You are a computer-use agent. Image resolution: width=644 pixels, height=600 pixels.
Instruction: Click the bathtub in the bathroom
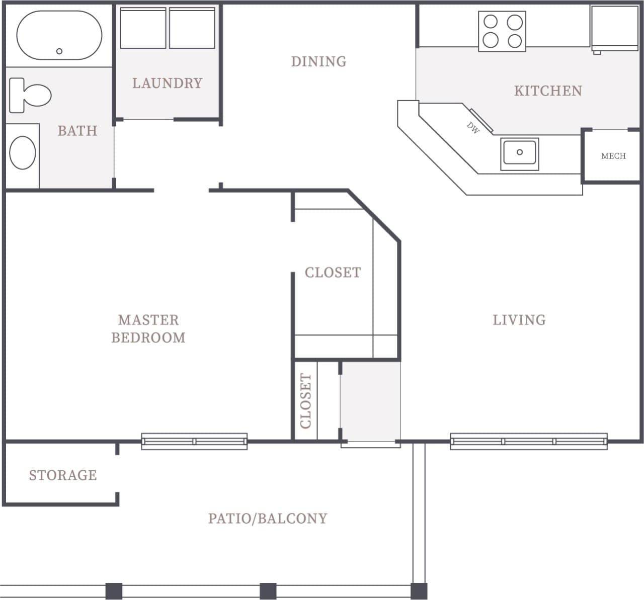coord(59,35)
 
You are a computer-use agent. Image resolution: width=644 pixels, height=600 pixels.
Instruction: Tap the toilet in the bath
coord(30,95)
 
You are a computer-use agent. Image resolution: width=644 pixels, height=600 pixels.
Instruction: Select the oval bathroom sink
coord(23,153)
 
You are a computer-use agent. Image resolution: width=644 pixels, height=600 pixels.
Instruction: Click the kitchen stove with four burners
coord(502,31)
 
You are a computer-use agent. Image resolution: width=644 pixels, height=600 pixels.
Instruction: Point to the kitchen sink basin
coord(520,153)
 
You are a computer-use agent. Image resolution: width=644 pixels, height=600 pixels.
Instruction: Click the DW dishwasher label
coord(473,128)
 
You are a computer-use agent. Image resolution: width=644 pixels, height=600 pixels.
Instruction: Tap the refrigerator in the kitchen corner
coord(614,28)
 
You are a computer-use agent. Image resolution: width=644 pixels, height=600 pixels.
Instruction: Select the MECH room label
coord(613,156)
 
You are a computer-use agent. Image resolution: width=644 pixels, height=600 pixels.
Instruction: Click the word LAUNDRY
coord(167,83)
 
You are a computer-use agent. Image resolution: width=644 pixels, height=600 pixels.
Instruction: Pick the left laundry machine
coord(143,28)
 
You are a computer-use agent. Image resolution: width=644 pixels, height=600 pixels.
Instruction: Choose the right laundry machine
coord(192,28)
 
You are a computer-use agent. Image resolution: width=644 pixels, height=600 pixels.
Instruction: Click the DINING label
coord(318,61)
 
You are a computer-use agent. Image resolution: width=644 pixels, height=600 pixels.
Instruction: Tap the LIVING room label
coord(519,320)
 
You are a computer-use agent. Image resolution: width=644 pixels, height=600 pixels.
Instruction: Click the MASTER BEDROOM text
coord(148,328)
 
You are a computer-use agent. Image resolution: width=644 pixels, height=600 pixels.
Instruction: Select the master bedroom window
coord(194,441)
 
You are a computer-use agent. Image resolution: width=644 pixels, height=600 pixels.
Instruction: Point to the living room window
coord(528,441)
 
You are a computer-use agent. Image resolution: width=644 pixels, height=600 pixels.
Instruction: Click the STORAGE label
coord(63,475)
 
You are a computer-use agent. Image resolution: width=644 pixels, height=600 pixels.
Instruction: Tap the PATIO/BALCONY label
coord(268,518)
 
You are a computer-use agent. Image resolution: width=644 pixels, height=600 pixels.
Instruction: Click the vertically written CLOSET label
coord(305,401)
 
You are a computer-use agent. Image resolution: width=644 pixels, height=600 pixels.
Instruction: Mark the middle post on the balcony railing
coord(268,590)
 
